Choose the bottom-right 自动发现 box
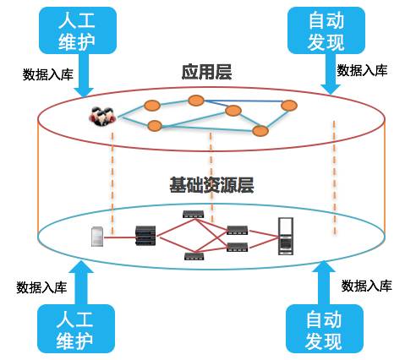click(321, 329)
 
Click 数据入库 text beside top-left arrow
click(47, 74)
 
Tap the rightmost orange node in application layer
click(289, 106)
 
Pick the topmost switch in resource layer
click(191, 215)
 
